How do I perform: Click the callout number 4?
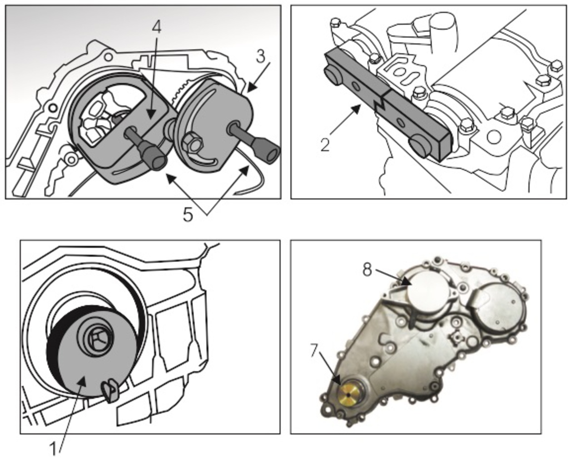(156, 27)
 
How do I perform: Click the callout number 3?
(260, 57)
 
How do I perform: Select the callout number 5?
(188, 214)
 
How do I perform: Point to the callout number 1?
(54, 449)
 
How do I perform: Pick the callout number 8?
(367, 270)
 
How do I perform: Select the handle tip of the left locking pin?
(157, 162)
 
